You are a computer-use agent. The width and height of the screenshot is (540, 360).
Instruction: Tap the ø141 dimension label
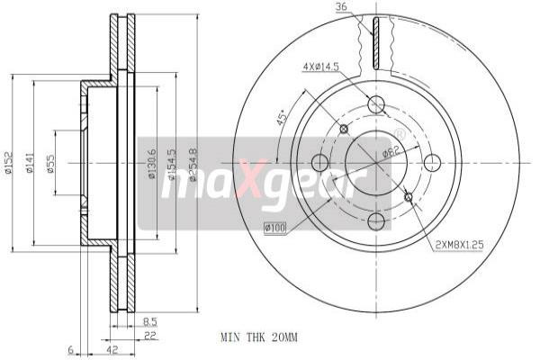(30, 163)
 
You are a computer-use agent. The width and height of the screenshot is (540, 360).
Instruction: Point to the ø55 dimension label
(49, 163)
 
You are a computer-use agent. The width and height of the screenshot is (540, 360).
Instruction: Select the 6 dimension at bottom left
(68, 349)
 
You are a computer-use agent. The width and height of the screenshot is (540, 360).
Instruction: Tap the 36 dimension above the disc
(341, 8)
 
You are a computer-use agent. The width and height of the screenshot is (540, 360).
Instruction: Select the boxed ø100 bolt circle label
(274, 228)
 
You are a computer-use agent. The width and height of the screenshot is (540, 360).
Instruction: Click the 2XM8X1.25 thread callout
(459, 244)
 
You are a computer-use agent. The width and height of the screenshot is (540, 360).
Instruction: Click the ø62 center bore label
(390, 151)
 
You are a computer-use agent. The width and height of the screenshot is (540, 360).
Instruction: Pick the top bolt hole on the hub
(375, 105)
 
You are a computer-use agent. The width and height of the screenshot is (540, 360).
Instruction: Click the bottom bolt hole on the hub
(375, 221)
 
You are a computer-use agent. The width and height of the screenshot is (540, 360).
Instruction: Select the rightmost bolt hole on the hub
(433, 163)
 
